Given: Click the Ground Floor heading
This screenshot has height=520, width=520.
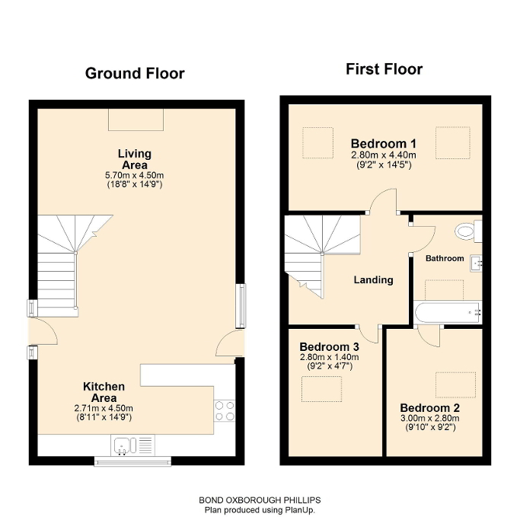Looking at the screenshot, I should tap(134, 73).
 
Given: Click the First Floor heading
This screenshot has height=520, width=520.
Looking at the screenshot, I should tap(384, 69).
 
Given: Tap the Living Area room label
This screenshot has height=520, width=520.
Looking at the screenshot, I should tap(134, 160).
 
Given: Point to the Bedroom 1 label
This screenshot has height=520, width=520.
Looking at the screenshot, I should tap(384, 143).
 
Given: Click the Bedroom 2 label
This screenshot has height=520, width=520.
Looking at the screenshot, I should tap(429, 407).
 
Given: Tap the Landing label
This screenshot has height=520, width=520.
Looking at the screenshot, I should tap(373, 279).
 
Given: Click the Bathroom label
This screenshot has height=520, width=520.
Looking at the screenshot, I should tap(445, 258).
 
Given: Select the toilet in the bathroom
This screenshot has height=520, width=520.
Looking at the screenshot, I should tap(467, 230).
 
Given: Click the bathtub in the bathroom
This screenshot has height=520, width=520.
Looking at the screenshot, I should tap(448, 311).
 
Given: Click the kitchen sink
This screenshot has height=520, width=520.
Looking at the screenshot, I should tap(124, 445).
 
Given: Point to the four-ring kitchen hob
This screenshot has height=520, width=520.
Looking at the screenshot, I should tap(225, 411).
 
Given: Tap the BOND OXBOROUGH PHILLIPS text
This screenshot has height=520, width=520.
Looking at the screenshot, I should tap(259, 500).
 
